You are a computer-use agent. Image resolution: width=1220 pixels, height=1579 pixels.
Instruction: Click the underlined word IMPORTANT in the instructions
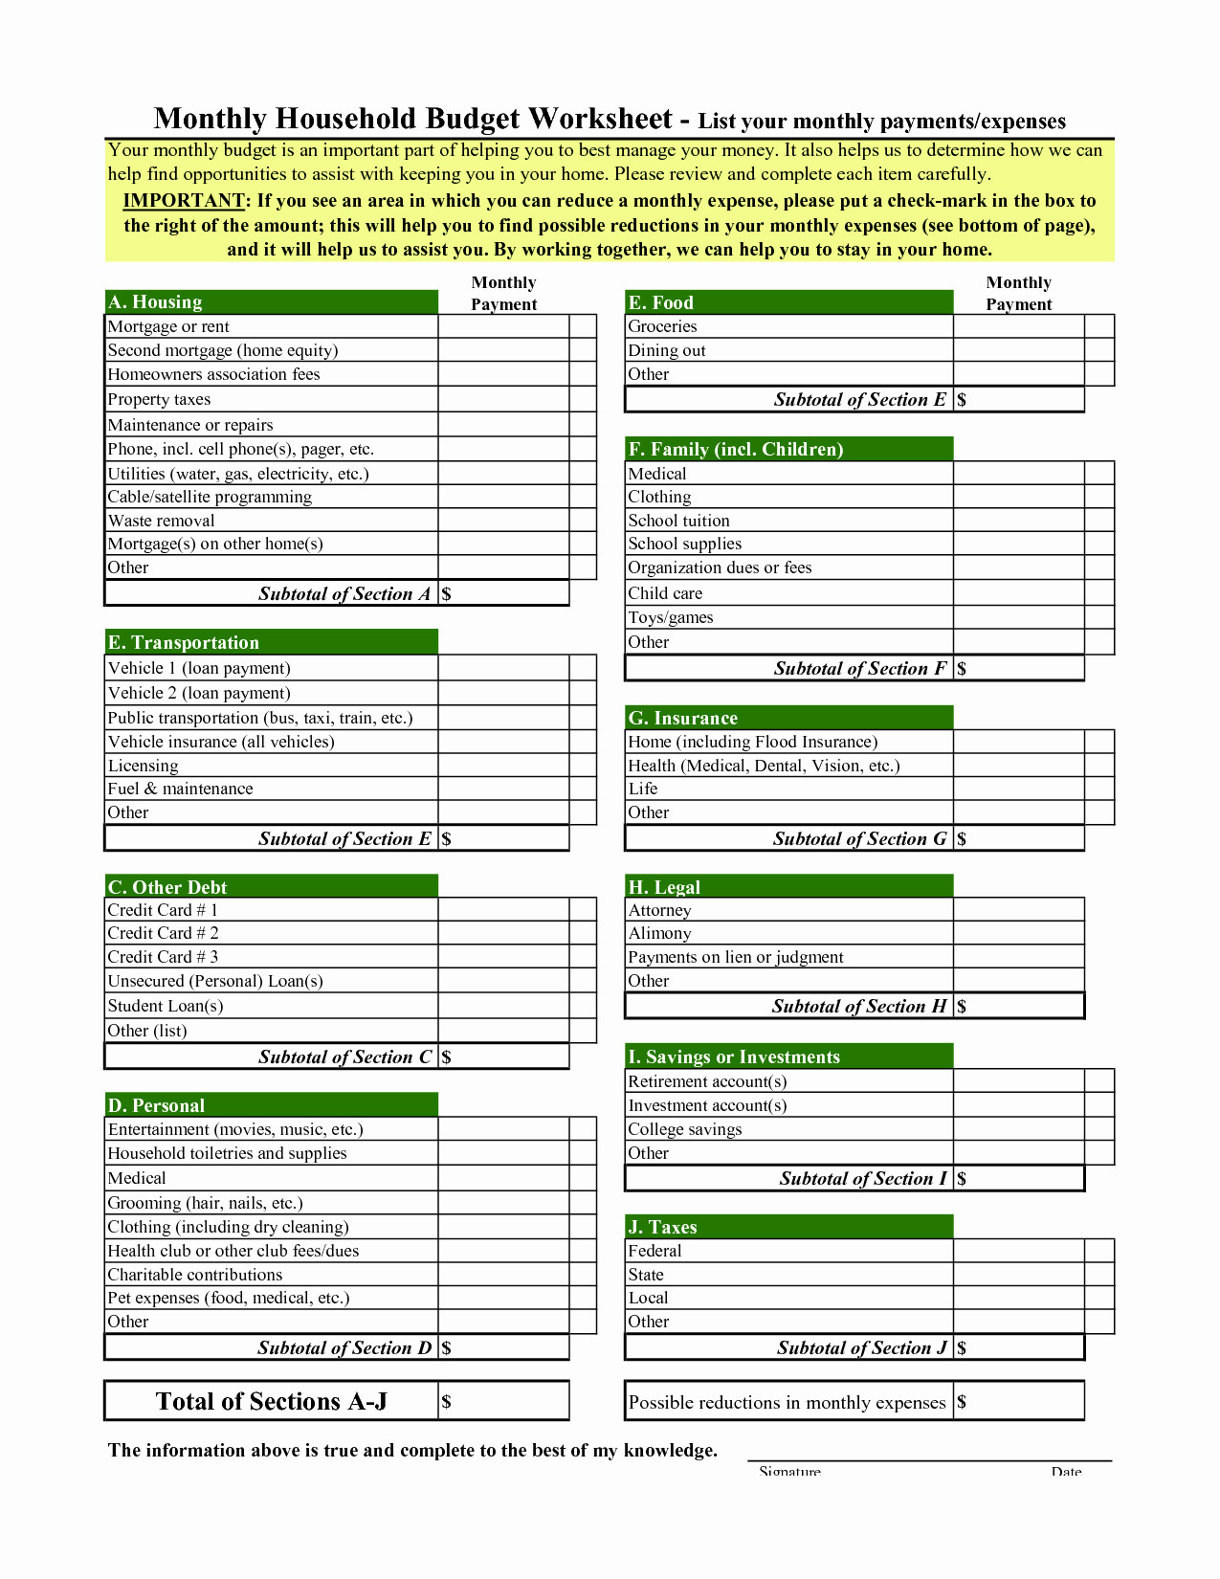(184, 201)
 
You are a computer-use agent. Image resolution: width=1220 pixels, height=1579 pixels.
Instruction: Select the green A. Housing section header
(271, 302)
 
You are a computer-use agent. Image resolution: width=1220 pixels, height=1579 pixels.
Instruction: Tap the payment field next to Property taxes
(503, 400)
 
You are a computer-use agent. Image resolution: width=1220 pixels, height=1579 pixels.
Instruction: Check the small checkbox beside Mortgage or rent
(583, 326)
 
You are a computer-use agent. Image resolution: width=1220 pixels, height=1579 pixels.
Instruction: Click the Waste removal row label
(162, 521)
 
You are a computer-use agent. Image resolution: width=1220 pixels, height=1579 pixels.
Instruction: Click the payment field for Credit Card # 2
(503, 933)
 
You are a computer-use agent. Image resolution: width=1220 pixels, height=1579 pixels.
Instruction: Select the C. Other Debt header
(271, 887)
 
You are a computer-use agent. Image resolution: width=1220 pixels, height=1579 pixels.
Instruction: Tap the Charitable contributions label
(195, 1275)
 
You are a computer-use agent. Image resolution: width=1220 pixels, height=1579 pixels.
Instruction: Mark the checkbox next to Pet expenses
(583, 1298)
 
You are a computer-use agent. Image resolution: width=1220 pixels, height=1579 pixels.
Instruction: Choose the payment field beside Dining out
(1018, 350)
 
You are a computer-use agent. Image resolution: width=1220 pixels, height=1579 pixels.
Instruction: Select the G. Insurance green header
(788, 718)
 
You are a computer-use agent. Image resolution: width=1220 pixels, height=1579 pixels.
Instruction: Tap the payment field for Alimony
(1018, 933)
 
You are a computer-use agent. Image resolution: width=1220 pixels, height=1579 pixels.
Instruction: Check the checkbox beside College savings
(1099, 1129)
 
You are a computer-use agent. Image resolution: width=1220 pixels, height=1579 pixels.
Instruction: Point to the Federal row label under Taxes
(655, 1251)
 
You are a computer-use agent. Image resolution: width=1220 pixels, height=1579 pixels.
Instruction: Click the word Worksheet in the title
(600, 119)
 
